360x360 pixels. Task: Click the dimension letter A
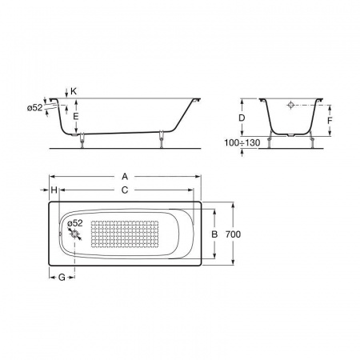coord(125,177)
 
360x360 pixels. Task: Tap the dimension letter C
coord(125,190)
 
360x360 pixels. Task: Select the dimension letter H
coord(54,190)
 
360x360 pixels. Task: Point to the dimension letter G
coord(62,278)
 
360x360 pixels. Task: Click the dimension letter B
coord(214,234)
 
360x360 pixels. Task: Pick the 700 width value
coord(233,234)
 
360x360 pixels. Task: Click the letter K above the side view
coord(74,91)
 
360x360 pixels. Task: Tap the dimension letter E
coord(76,117)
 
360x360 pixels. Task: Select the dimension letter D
coord(242,118)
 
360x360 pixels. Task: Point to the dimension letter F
coord(330,121)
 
